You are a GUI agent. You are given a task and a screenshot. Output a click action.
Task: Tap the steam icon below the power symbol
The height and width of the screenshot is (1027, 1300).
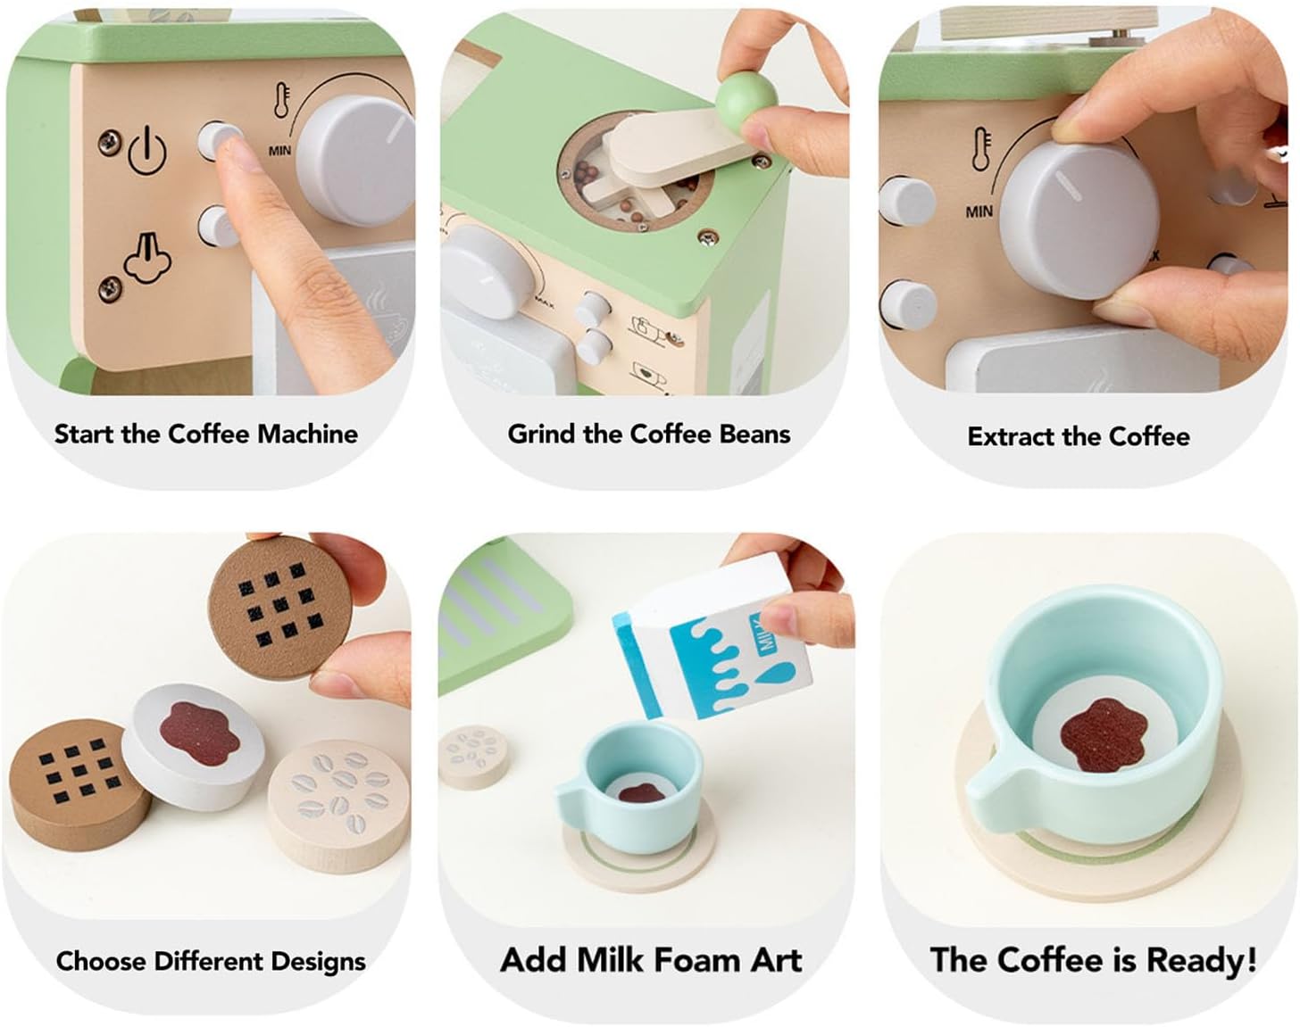[147, 258]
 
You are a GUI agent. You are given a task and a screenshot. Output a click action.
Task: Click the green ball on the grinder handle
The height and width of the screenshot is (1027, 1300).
[747, 96]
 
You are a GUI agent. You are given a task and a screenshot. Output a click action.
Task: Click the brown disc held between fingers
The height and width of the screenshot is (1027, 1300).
[279, 608]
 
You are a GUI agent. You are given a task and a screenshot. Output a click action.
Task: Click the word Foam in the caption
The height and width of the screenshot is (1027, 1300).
[696, 959]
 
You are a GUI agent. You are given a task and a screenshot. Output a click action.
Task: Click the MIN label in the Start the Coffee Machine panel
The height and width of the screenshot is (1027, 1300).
[279, 150]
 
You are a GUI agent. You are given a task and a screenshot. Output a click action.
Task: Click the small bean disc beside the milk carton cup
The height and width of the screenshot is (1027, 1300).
[472, 758]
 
